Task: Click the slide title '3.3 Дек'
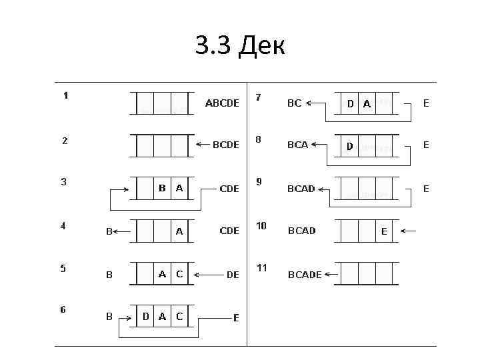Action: click(x=240, y=45)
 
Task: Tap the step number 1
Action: click(x=65, y=95)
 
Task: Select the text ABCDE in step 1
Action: click(x=222, y=103)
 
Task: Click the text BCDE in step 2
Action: click(x=225, y=145)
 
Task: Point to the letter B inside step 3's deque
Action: click(x=162, y=188)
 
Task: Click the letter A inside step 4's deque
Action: click(x=179, y=231)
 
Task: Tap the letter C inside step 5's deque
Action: click(x=179, y=273)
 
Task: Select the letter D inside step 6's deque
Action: click(x=145, y=317)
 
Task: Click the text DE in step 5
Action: click(x=233, y=274)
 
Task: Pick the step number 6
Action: click(x=63, y=310)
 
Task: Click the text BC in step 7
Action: click(x=294, y=103)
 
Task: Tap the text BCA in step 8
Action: click(x=297, y=145)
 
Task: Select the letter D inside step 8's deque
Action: click(x=349, y=145)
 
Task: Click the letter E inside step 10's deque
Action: click(x=384, y=231)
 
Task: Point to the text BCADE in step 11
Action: click(x=305, y=274)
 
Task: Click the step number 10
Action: click(x=261, y=226)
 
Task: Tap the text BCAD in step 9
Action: click(x=301, y=189)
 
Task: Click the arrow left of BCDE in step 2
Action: click(x=201, y=145)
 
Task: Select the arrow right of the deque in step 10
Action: click(x=409, y=231)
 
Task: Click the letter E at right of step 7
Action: click(x=426, y=103)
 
